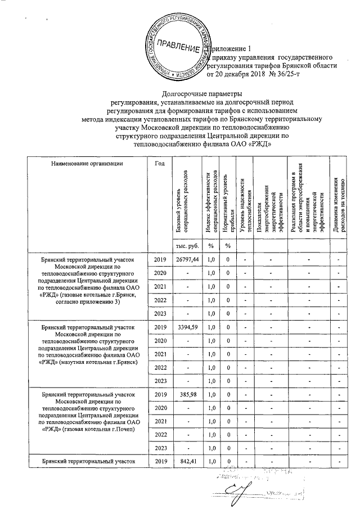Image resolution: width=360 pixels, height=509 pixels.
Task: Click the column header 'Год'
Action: (159, 164)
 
